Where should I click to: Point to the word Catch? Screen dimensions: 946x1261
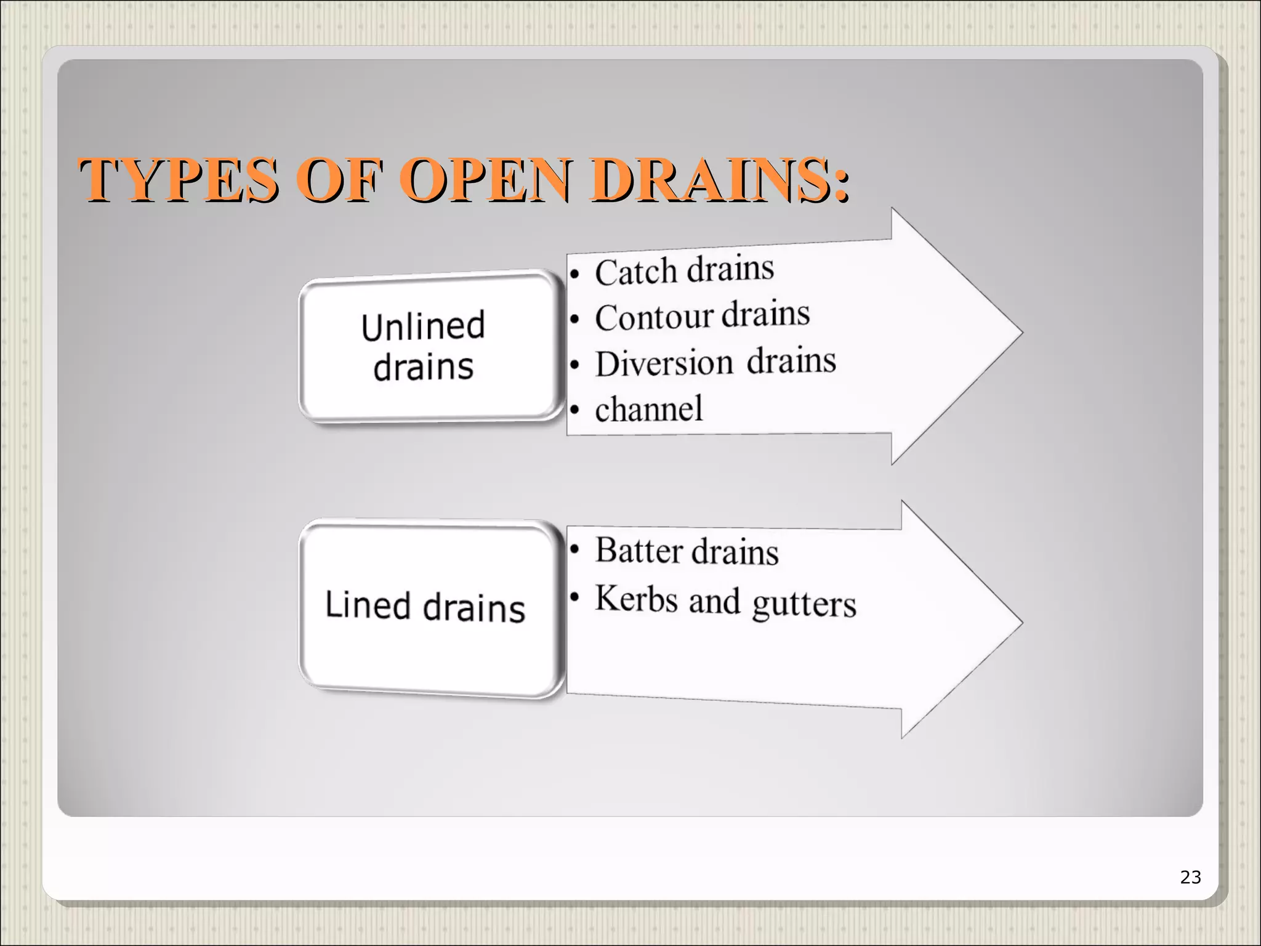click(x=636, y=272)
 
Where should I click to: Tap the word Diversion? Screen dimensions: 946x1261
click(x=664, y=363)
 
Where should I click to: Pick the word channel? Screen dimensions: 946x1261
click(x=648, y=409)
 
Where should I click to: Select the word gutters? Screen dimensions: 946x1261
click(x=804, y=604)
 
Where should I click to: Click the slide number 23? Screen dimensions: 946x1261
click(x=1190, y=877)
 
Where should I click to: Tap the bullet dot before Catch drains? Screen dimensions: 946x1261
click(x=574, y=274)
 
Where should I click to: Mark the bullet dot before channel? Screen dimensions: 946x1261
click(x=574, y=410)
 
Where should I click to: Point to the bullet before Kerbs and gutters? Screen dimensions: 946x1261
click(x=574, y=597)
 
